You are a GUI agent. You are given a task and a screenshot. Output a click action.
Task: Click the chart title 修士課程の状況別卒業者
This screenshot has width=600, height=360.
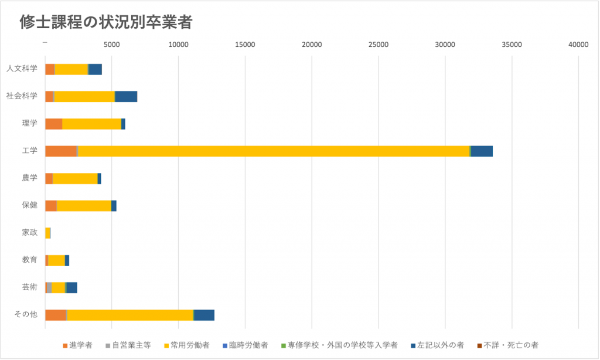106,22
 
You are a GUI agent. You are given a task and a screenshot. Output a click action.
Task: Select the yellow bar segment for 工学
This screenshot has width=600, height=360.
274,151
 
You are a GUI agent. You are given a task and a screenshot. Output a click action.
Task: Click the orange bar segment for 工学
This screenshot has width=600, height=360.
61,151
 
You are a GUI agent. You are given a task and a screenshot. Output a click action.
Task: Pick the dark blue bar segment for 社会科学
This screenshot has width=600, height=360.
126,96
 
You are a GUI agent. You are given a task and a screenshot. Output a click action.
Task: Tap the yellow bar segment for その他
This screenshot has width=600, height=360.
130,315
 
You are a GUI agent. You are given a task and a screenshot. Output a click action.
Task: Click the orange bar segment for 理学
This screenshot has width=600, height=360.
54,124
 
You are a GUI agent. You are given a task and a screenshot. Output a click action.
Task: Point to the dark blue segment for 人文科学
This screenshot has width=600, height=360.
95,69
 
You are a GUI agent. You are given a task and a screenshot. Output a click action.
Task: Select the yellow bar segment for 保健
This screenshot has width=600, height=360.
84,206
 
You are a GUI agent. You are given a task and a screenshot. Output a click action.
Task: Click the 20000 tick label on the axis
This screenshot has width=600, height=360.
312,45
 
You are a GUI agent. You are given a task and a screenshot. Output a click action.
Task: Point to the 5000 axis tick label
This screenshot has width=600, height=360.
111,45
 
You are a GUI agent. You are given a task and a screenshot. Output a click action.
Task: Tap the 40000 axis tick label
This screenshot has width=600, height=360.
579,45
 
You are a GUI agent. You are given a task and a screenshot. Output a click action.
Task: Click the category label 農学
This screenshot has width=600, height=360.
29,178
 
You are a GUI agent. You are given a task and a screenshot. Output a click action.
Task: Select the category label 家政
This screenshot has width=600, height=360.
29,233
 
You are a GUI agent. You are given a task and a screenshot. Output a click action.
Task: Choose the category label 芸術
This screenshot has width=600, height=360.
29,287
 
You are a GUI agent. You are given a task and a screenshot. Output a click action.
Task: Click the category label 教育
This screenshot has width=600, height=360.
29,260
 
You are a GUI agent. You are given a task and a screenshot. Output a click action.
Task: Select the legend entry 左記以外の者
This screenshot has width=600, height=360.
439,345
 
